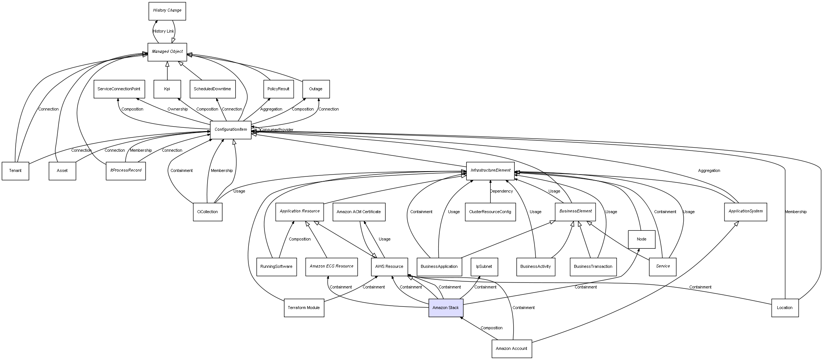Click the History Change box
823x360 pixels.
[167, 11]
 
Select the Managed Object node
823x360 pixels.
[167, 52]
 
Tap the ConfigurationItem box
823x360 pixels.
[231, 130]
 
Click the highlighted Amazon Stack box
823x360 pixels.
[446, 308]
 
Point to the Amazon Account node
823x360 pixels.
[511, 349]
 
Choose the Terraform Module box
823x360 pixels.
[304, 308]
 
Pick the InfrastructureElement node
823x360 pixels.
[490, 171]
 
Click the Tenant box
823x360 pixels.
[15, 171]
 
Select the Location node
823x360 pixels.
[784, 308]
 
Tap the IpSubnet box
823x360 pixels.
[484, 267]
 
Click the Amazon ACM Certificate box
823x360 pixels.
[358, 212]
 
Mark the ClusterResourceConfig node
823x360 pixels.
[490, 212]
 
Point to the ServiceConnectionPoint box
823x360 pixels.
[119, 89]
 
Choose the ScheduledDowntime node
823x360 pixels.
[212, 89]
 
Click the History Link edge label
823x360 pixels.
[163, 31]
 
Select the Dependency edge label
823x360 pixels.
[501, 191]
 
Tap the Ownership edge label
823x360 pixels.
[178, 109]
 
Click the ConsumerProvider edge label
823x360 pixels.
[276, 130]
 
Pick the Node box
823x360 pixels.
[641, 239]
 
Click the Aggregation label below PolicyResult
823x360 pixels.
[271, 109]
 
